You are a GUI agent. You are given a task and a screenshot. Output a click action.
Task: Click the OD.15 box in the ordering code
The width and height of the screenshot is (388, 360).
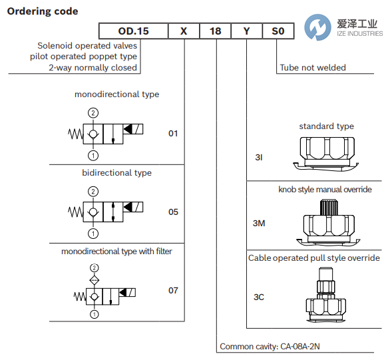coord(134,31)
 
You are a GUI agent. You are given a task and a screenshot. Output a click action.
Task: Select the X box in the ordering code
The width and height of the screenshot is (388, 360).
coord(184,31)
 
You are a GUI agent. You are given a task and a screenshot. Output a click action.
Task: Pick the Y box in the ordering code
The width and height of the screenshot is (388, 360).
coord(246,31)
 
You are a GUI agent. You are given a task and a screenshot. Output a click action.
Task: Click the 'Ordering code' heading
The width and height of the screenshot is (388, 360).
coord(42,11)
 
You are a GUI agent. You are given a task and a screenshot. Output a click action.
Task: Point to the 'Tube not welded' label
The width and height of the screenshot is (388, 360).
coord(313,68)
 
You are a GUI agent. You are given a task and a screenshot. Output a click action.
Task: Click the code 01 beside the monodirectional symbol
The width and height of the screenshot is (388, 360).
coord(173,134)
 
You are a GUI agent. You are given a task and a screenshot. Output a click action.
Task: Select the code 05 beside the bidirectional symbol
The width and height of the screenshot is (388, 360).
coord(173,212)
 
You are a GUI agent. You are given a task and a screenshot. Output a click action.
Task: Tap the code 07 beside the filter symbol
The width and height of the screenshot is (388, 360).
coord(173,291)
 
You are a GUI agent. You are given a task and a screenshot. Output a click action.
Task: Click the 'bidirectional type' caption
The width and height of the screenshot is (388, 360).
coord(116,173)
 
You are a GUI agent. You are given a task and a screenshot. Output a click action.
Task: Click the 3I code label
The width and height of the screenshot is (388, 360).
coord(259,158)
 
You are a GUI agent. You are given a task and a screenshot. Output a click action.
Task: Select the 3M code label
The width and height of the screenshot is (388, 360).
coord(259,223)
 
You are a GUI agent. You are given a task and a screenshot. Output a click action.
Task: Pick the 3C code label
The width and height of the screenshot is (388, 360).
coord(259,297)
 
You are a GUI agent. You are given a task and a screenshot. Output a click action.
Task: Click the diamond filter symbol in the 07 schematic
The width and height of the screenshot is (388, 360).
coord(94,279)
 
